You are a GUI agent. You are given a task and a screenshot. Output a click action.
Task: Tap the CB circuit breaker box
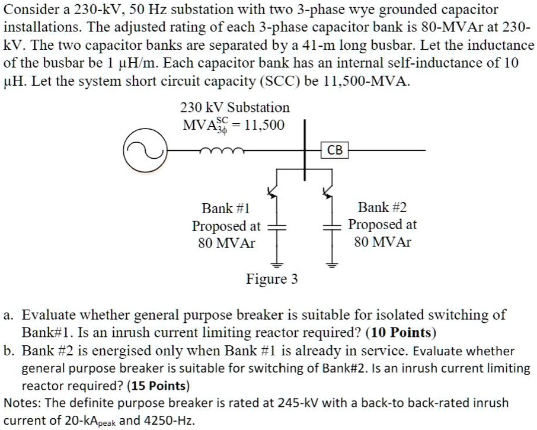point(335,150)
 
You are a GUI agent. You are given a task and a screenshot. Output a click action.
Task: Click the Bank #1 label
point(226,208)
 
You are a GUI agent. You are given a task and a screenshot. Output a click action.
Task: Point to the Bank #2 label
point(382,207)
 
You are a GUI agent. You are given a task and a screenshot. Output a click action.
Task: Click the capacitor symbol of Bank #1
point(277,228)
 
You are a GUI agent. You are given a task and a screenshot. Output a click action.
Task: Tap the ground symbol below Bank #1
point(277,264)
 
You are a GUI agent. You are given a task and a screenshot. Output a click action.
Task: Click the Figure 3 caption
point(272,279)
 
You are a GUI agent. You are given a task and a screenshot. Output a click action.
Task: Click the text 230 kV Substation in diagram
point(235,108)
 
